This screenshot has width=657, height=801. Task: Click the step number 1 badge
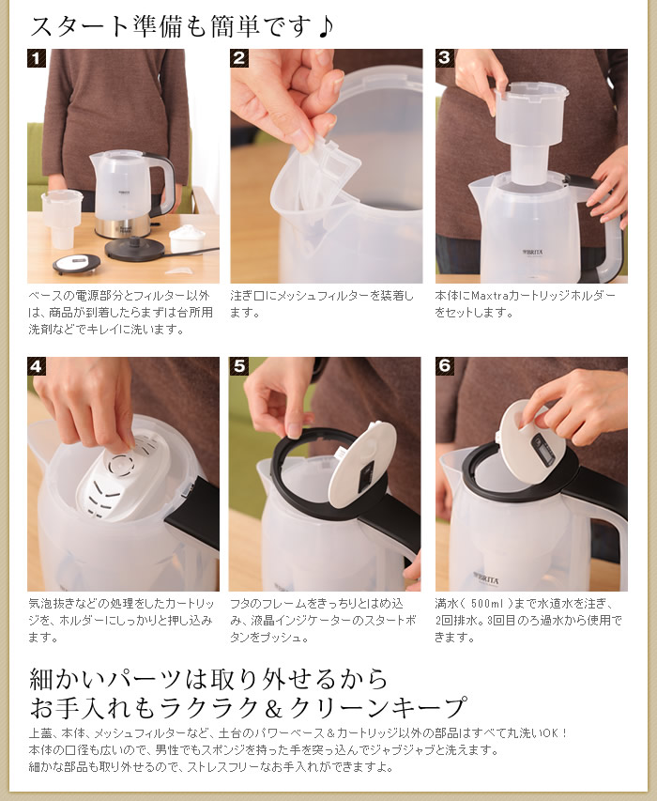(36, 58)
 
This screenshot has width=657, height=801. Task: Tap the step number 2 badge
(239, 58)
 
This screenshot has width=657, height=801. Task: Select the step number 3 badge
(444, 58)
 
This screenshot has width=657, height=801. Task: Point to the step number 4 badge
(36, 366)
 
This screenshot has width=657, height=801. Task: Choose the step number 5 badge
(239, 366)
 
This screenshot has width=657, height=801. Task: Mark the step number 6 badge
(444, 366)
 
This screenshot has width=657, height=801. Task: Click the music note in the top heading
(325, 25)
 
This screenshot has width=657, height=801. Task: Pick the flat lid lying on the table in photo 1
(76, 264)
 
